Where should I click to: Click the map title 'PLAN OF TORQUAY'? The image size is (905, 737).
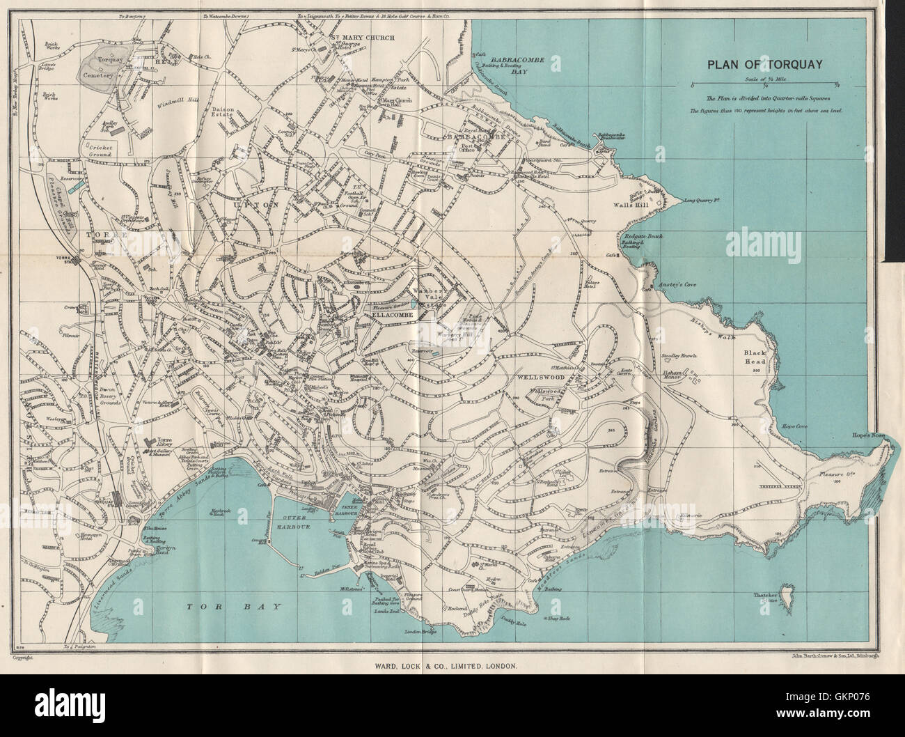765,65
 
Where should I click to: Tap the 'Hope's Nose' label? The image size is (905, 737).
867,435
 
